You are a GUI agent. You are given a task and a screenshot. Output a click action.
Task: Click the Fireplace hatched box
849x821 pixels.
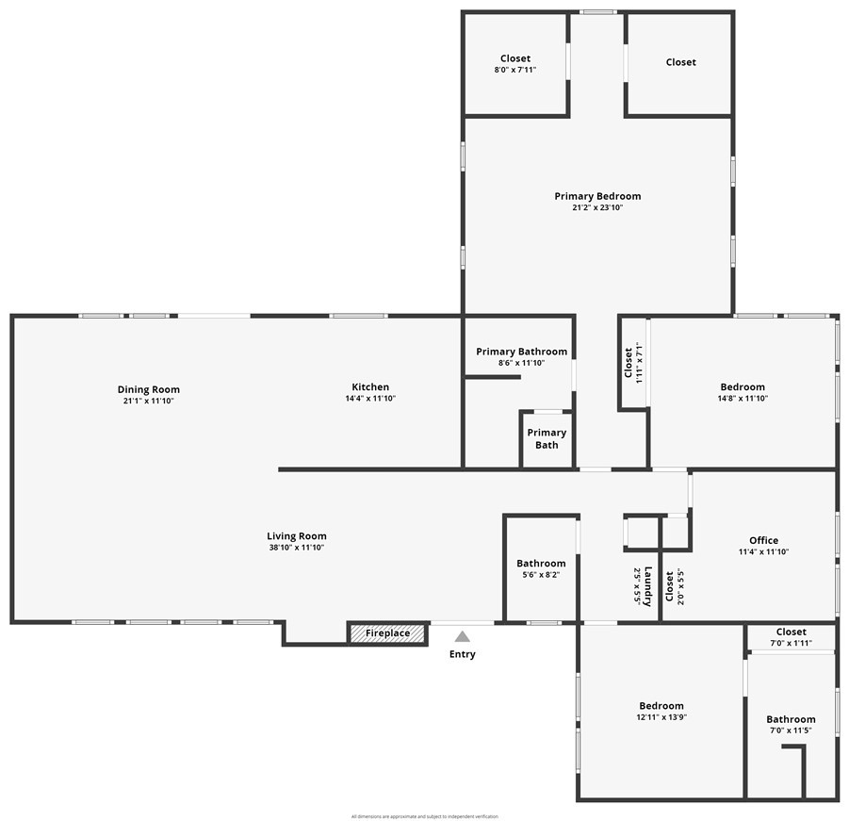387,633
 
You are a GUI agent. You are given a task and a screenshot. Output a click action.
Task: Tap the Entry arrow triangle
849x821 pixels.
463,637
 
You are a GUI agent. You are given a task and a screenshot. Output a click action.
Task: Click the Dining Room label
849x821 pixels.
149,389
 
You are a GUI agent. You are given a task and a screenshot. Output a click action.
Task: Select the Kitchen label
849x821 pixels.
370,387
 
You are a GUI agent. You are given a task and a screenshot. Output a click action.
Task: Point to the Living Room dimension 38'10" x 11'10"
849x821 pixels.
296,548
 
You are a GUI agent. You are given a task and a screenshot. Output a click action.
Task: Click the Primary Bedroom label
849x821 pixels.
597,196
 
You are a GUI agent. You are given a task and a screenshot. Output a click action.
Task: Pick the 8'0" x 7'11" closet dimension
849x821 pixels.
515,70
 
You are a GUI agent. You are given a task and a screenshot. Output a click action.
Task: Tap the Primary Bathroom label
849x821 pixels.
521,352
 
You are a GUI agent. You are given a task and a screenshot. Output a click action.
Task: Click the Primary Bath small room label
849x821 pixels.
547,439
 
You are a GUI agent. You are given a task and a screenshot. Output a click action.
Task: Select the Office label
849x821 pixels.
763,541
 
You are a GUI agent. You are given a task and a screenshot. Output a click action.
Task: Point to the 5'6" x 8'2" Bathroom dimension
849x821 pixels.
541,575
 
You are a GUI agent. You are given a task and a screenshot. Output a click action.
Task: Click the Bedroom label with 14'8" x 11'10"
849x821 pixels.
743,386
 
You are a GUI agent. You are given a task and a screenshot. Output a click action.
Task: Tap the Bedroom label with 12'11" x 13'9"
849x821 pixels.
661,706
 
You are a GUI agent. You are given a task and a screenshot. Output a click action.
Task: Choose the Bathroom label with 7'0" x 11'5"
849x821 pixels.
791,719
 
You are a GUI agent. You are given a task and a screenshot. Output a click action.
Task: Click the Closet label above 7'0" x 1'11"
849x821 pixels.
791,632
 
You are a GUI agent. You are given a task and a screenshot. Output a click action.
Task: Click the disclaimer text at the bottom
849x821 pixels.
424,816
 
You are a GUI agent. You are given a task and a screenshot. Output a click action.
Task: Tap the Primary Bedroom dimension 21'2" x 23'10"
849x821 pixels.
597,207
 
